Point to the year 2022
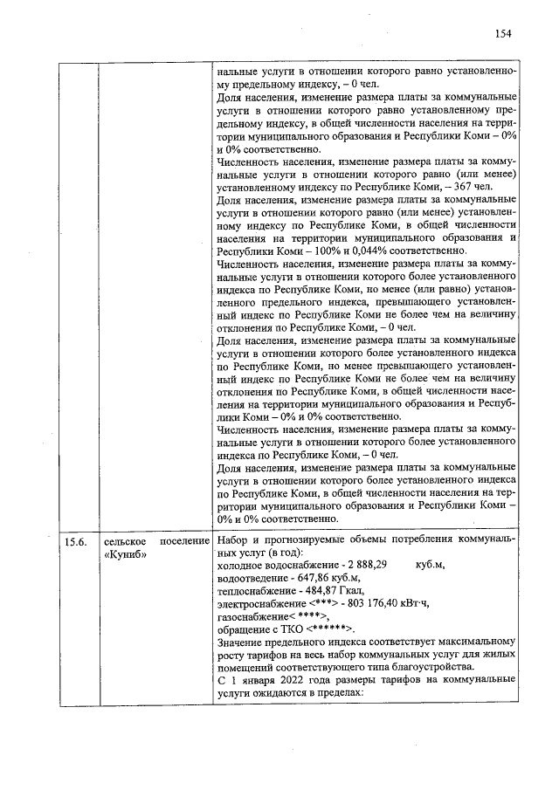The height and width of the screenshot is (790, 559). click(x=293, y=679)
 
